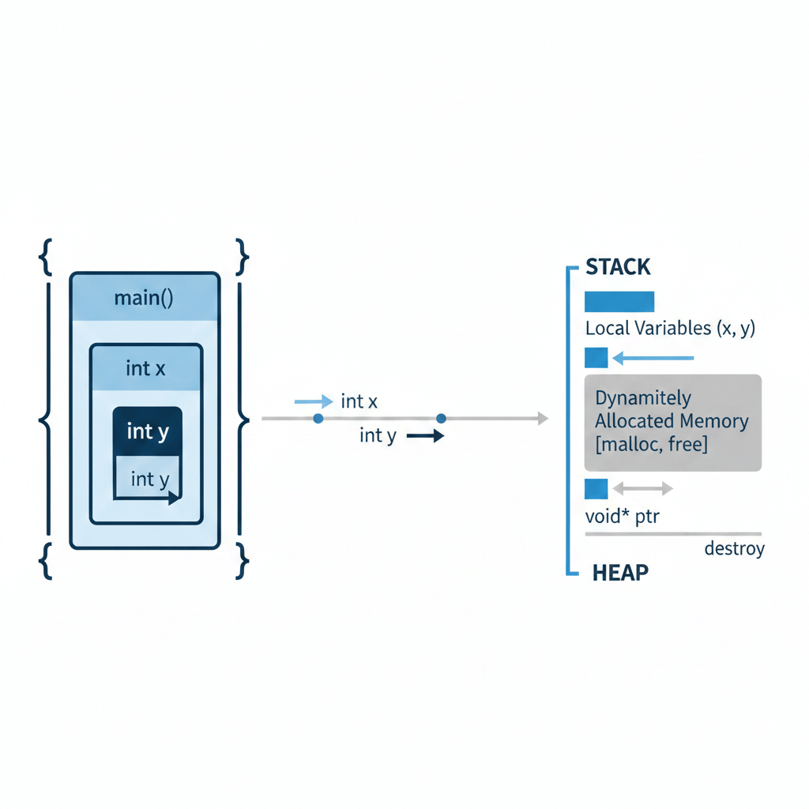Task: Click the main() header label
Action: click(x=144, y=299)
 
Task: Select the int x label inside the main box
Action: click(x=146, y=368)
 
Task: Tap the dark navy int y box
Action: click(x=148, y=431)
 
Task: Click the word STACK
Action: click(x=618, y=267)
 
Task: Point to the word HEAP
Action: click(x=620, y=572)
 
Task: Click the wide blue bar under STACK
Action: click(x=619, y=302)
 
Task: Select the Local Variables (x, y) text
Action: click(x=670, y=329)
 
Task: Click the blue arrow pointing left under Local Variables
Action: click(x=653, y=359)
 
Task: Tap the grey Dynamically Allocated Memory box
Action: click(x=672, y=423)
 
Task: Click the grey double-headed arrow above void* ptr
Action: click(x=642, y=489)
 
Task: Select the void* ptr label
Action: click(x=623, y=517)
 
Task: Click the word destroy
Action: click(x=734, y=548)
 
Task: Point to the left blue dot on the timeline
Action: click(x=318, y=418)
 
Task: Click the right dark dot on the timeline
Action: click(x=441, y=418)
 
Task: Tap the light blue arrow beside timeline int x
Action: click(x=313, y=401)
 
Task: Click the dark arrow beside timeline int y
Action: click(x=425, y=435)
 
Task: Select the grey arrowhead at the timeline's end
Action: click(x=542, y=418)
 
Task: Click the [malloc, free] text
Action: click(x=651, y=444)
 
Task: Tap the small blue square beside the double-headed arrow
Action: click(x=596, y=489)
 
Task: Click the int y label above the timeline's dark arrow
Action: click(x=378, y=435)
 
